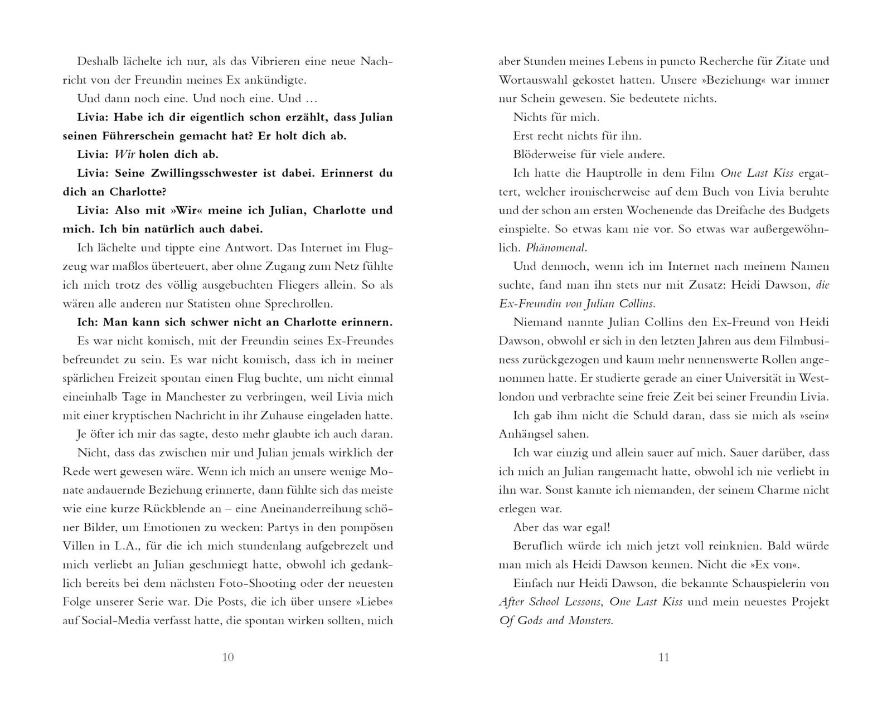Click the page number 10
pyautogui.click(x=227, y=658)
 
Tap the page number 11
pyautogui.click(x=663, y=658)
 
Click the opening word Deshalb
pyautogui.click(x=96, y=61)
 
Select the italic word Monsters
pyautogui.click(x=591, y=621)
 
